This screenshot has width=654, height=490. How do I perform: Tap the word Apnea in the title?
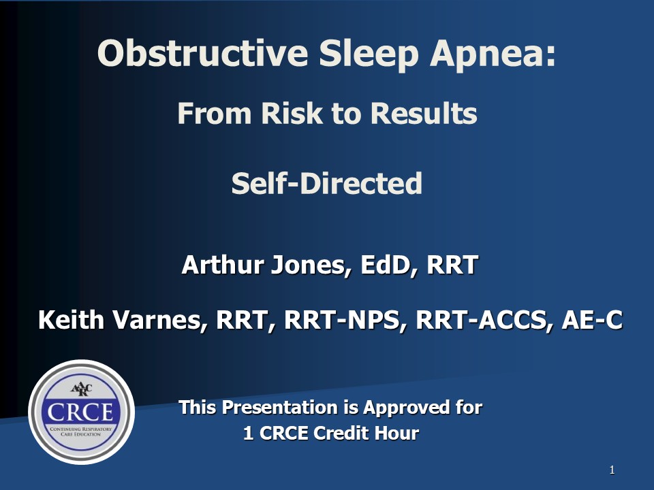tap(493, 55)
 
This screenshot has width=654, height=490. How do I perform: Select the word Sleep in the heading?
tap(369, 55)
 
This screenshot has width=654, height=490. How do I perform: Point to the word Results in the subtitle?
tap(424, 113)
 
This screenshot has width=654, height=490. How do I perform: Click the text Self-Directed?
tap(327, 183)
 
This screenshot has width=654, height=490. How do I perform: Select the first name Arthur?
tap(223, 265)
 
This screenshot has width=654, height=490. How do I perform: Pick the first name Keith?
tap(71, 320)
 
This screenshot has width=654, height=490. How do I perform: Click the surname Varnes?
tap(160, 321)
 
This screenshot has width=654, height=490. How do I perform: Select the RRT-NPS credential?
tap(342, 321)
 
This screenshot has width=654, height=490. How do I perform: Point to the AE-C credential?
tap(592, 320)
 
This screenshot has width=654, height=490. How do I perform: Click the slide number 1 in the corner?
tap(612, 470)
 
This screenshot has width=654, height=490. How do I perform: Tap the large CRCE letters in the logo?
tap(80, 412)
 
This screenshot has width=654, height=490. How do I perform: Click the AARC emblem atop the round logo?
tap(81, 389)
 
